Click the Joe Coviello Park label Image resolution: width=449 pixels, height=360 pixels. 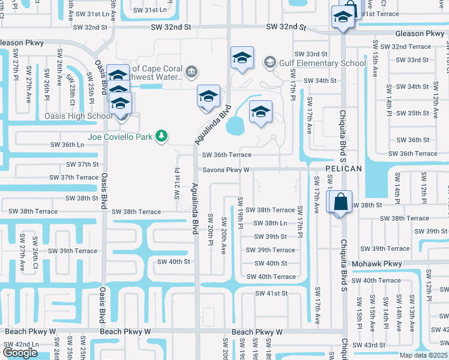click(120, 137)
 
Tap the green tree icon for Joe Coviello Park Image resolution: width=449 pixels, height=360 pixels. click(161, 137)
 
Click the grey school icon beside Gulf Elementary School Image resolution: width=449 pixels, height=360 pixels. click(270, 62)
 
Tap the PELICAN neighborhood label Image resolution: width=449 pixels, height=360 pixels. click(344, 169)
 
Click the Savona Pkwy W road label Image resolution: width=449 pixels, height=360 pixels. click(225, 170)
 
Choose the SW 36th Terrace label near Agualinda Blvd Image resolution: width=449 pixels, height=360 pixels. click(226, 155)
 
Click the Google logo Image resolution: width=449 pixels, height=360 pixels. click(20, 353)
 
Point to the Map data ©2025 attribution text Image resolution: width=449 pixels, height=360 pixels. click(423, 355)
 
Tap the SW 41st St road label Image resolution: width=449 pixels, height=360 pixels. click(271, 293)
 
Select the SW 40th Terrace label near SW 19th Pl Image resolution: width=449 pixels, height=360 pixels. click(271, 277)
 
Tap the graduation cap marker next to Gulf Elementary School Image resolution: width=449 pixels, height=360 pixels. click(242, 58)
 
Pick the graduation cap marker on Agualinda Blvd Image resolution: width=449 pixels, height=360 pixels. click(209, 97)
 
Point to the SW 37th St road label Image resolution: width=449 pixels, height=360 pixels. click(83, 164)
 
